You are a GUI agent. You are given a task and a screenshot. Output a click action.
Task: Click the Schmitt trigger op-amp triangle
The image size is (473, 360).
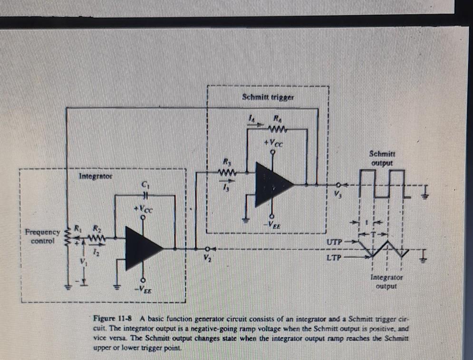(271, 184)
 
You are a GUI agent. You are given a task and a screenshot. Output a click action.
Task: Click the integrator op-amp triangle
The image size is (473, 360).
(142, 248)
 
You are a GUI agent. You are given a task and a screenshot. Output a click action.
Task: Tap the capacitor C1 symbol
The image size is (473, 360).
(146, 195)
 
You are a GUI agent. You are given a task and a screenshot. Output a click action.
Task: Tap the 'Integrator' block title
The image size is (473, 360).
(95, 177)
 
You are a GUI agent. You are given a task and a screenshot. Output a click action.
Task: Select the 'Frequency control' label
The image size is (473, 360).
(42, 237)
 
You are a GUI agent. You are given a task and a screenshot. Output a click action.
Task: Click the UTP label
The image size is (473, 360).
(334, 242)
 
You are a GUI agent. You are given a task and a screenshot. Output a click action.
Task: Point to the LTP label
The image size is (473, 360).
(334, 257)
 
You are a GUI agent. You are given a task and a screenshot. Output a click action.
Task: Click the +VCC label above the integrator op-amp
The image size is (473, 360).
(145, 208)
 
